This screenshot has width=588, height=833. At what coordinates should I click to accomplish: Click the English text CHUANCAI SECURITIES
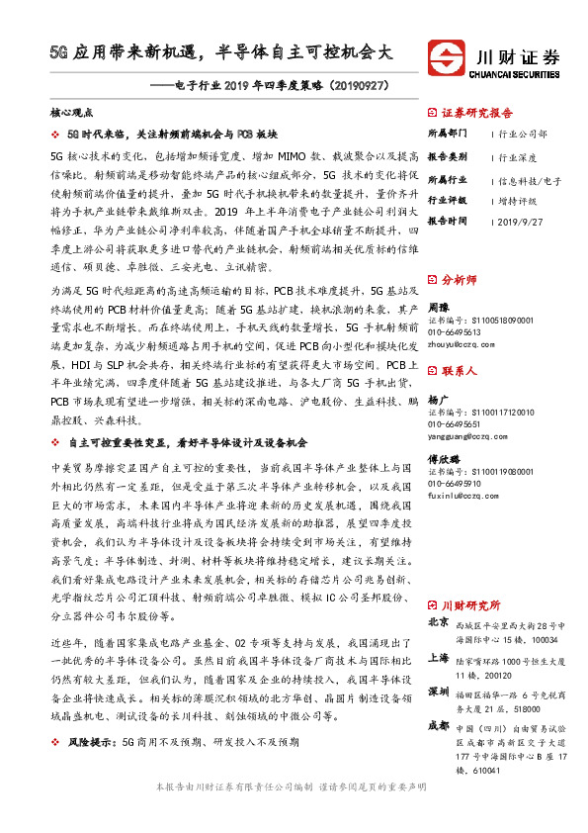click(516, 71)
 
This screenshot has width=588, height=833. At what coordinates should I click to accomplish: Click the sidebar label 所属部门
click(449, 133)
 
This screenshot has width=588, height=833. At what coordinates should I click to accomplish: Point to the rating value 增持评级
click(516, 199)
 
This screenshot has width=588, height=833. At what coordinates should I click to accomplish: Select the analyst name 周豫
click(438, 308)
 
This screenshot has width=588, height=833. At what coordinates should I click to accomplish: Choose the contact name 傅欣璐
click(444, 460)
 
